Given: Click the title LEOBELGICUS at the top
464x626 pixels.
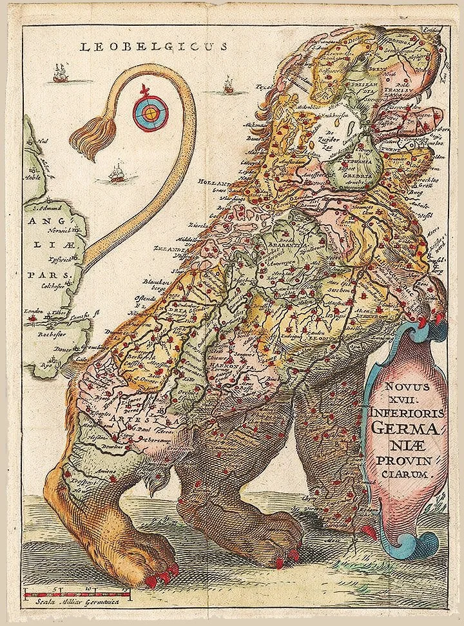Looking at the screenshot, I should [x=153, y=46].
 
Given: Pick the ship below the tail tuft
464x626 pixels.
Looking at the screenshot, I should [x=117, y=173].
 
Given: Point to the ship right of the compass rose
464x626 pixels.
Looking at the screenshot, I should [x=227, y=83].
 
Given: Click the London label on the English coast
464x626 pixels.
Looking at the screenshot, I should [x=33, y=312].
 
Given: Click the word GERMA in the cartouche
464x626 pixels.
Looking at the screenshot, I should [x=401, y=427].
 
